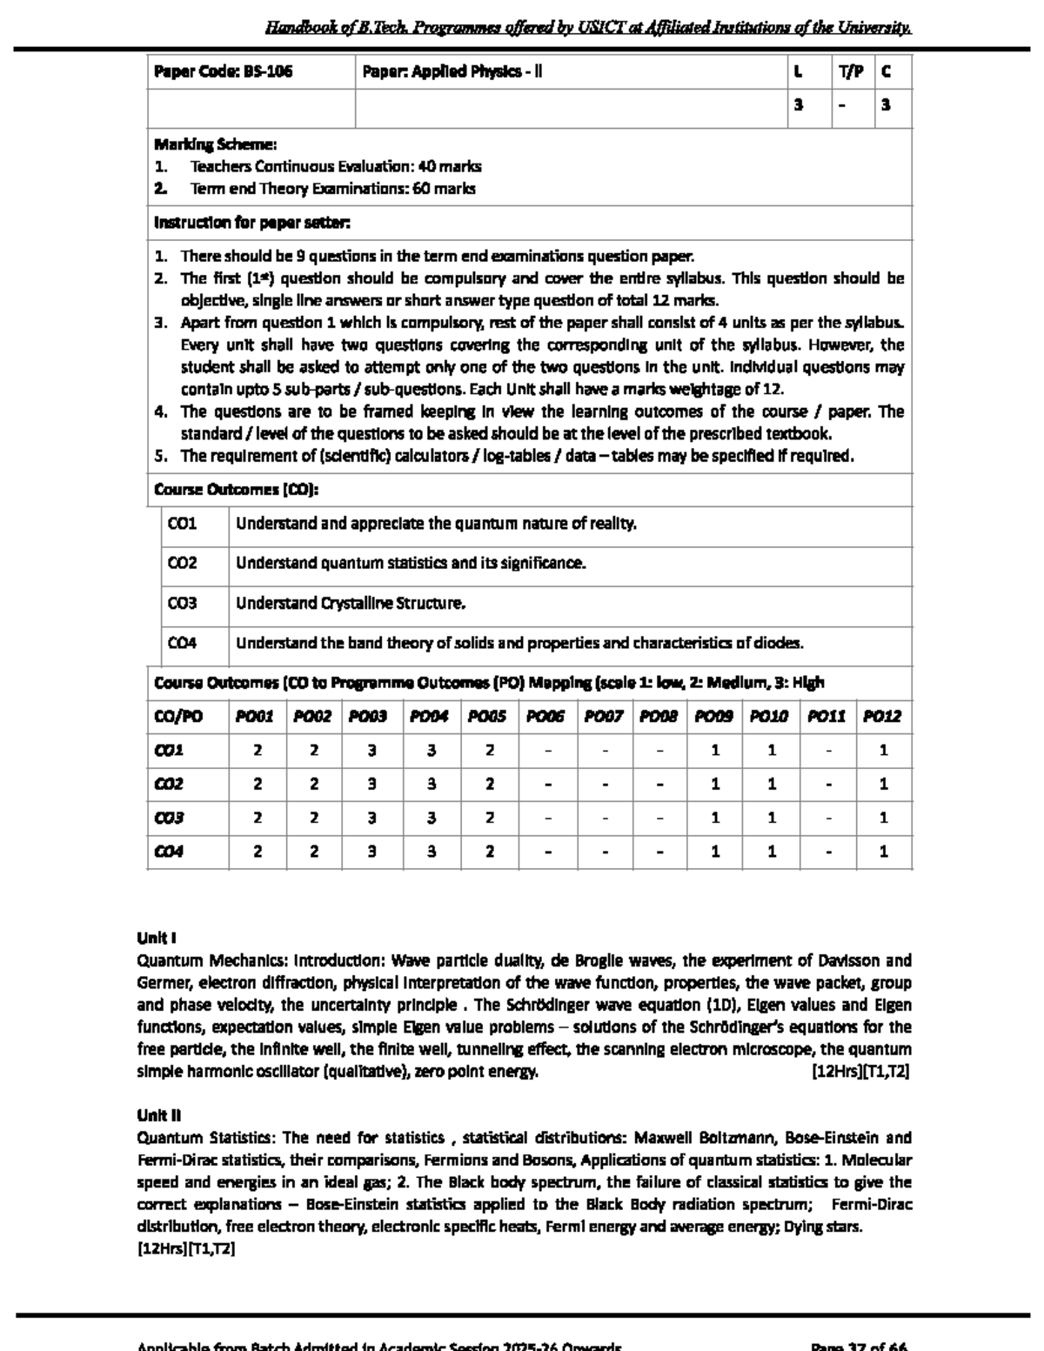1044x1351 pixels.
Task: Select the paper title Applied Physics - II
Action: point(452,72)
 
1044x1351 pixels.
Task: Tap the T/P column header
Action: point(851,72)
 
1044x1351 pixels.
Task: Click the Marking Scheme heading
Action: point(215,144)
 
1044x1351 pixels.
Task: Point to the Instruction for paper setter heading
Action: point(251,223)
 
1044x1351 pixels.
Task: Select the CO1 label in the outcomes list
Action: point(182,524)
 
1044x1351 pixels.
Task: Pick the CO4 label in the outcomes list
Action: point(182,643)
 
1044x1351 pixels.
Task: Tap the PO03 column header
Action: point(368,717)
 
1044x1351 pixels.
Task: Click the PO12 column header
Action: point(882,717)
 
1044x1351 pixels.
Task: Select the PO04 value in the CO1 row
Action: point(431,750)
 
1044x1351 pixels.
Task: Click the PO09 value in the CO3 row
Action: point(714,818)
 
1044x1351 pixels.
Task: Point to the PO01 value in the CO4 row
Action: point(258,852)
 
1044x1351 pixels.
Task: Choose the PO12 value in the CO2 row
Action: point(883,784)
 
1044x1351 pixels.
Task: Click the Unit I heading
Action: point(157,938)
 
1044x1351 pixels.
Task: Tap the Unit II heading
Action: point(158,1115)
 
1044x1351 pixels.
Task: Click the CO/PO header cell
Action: point(178,717)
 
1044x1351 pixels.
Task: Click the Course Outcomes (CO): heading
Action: point(236,490)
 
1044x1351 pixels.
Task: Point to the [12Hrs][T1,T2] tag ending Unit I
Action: point(860,1072)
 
